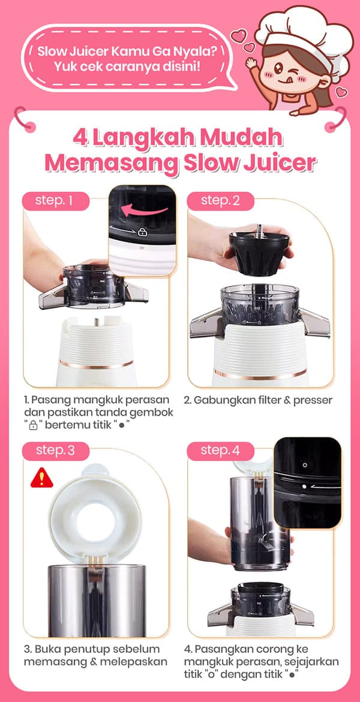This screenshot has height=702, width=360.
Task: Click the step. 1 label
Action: click(x=55, y=200)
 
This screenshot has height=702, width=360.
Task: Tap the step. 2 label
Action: click(x=220, y=200)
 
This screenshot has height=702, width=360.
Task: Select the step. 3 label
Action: click(x=55, y=450)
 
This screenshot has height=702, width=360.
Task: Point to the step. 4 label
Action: click(x=220, y=450)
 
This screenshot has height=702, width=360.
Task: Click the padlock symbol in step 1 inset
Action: click(x=142, y=232)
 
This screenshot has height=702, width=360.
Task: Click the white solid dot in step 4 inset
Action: click(x=305, y=486)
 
